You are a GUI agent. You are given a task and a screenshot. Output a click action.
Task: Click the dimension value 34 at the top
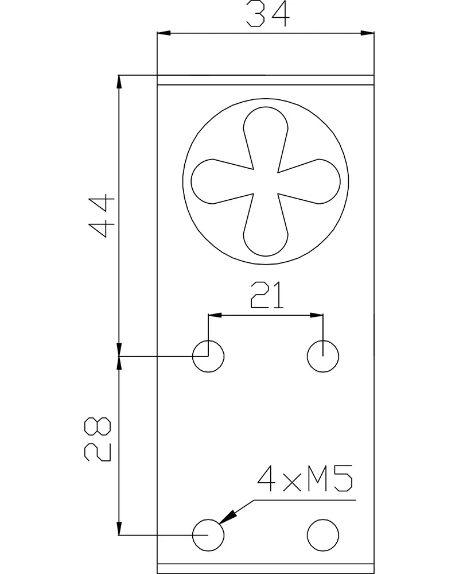click(x=268, y=14)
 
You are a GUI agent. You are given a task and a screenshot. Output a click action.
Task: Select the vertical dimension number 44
click(x=102, y=216)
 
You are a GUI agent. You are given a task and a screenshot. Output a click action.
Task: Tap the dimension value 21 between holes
click(x=267, y=295)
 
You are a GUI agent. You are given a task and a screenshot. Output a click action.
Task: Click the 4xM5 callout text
click(x=305, y=479)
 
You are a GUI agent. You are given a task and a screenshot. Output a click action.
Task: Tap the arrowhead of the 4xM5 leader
click(x=228, y=517)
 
